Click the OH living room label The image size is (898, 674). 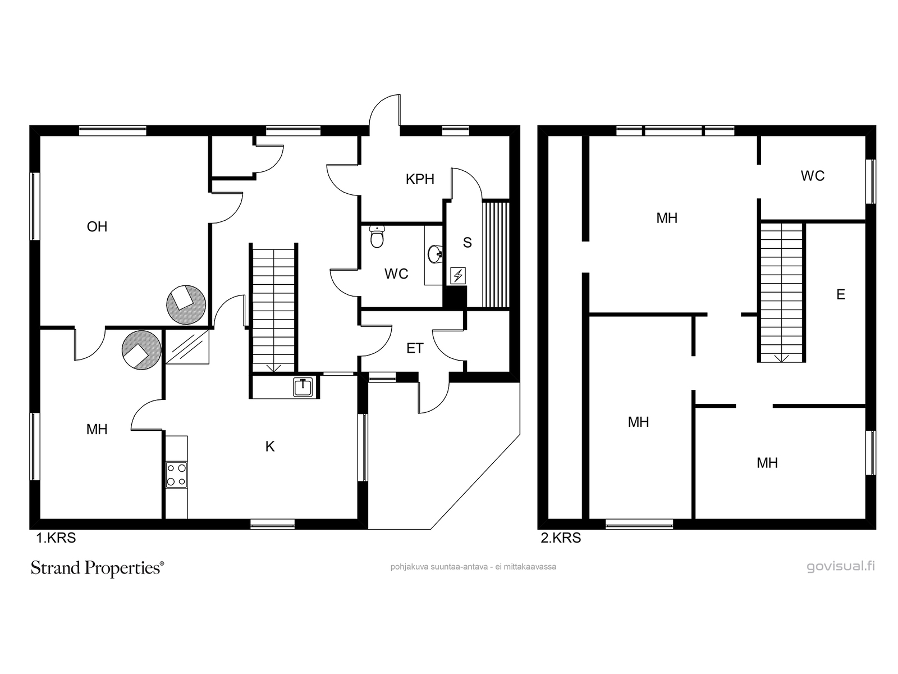coord(97,226)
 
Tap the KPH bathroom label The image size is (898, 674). coord(420,179)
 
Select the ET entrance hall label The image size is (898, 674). coord(415,348)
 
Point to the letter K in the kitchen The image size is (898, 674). coord(270,447)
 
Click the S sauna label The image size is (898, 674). coord(467,243)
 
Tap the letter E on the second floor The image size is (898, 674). coord(841,294)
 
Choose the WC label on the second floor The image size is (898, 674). coord(813,176)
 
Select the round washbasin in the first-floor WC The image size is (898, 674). coord(436,254)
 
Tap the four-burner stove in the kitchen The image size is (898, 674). coord(176,475)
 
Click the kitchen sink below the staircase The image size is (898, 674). coord(303,387)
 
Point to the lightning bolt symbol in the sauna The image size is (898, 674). coord(458,276)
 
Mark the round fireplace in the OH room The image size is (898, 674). coord(186,304)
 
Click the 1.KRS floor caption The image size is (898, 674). coord(56,538)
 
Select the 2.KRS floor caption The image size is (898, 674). coord(561,538)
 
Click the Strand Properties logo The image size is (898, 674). coord(97,568)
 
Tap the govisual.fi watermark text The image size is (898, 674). coord(841,566)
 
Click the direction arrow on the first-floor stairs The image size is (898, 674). coord(274,367)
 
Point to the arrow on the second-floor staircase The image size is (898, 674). coord(781,358)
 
